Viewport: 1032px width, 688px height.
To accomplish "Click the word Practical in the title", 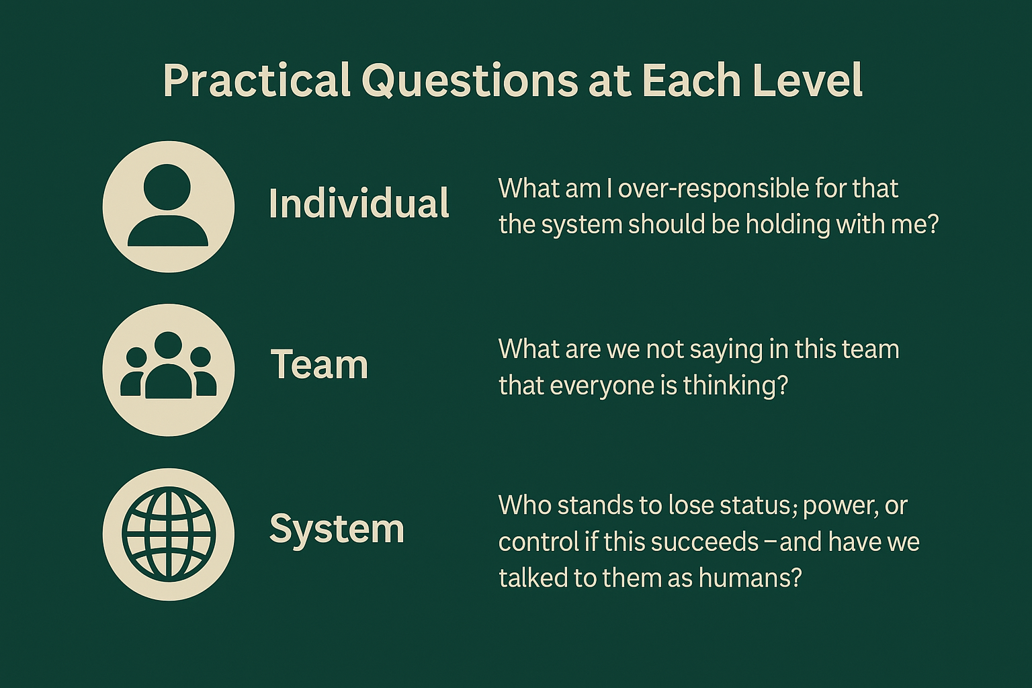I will click(256, 81).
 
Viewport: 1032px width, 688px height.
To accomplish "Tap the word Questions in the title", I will click(470, 81).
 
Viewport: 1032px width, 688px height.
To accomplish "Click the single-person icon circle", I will click(169, 206).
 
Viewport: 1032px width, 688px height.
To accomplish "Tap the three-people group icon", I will click(169, 370).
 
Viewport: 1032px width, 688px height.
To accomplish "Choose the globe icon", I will click(169, 534).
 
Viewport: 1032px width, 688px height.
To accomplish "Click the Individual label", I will click(359, 204).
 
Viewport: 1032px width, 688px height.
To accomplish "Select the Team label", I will click(319, 365).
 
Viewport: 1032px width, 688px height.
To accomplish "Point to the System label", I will click(337, 529).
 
